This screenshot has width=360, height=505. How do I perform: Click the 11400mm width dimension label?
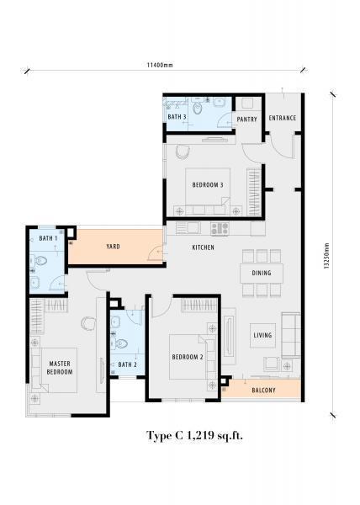160,65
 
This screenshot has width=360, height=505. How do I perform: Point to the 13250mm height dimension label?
326,256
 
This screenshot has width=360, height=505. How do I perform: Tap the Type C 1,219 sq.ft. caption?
194,436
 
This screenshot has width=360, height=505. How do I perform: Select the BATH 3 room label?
177,117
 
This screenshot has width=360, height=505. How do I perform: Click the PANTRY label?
246,120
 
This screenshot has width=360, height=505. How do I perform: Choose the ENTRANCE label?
282,118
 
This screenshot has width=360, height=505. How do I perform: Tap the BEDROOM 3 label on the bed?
208,185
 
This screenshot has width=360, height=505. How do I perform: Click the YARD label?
113,247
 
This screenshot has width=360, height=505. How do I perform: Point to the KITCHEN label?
203,247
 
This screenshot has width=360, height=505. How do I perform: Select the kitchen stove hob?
220,228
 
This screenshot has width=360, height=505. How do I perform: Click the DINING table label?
262,273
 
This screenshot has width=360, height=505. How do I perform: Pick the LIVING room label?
262,335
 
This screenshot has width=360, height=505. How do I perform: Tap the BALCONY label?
263,391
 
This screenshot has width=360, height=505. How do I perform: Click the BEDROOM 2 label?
188,357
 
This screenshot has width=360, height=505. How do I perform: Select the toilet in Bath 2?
119,344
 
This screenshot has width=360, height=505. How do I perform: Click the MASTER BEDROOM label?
60,368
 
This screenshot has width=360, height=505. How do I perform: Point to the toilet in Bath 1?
39,260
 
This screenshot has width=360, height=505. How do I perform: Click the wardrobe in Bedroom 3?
254,192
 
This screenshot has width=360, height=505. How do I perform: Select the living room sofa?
291,335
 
